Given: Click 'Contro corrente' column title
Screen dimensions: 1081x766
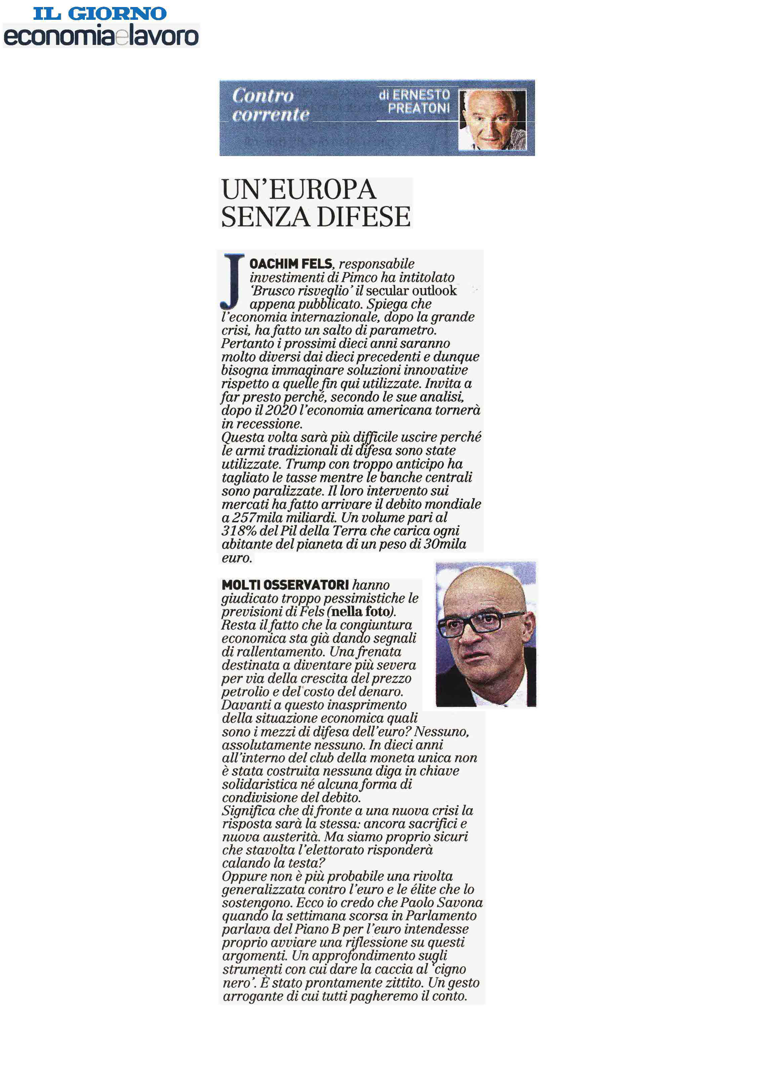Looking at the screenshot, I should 270,105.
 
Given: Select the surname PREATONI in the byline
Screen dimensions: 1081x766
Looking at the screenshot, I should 419,108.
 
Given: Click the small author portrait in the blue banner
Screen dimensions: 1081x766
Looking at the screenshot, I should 492,120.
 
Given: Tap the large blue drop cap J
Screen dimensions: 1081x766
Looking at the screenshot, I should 232,282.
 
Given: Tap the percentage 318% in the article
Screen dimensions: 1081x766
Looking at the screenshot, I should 239,531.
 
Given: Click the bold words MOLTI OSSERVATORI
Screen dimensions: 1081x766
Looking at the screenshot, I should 285,585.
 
